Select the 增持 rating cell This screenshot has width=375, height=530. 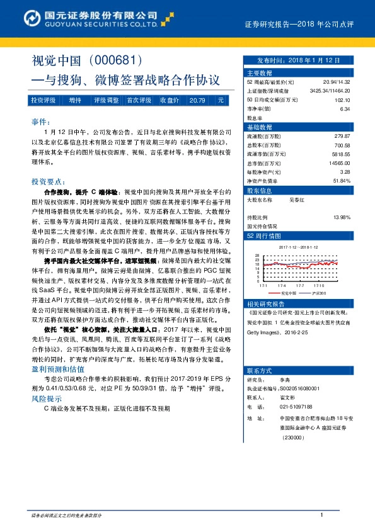[x=75, y=100]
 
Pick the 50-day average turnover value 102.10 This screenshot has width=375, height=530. [x=342, y=99]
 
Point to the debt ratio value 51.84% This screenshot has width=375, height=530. [x=340, y=181]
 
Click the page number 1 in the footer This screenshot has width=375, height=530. [x=321, y=516]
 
